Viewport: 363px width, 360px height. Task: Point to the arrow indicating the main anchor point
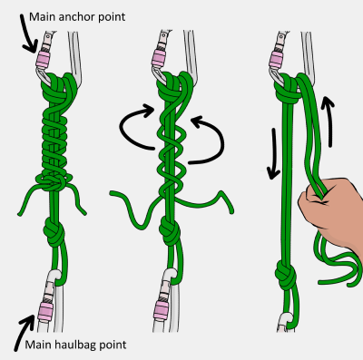point(28,34)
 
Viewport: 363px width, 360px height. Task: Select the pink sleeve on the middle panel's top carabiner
point(160,58)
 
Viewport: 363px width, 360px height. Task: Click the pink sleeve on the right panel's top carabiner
point(276,59)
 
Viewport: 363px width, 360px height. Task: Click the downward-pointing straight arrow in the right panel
point(274,154)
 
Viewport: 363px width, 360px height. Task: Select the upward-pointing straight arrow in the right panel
point(328,122)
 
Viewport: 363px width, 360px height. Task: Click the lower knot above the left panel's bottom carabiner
point(54,231)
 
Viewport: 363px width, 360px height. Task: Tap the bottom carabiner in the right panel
point(285,323)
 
